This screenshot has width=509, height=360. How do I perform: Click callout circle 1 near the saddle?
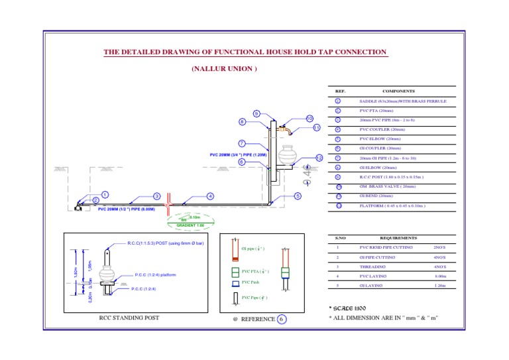105,195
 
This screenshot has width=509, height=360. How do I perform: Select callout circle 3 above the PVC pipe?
156,196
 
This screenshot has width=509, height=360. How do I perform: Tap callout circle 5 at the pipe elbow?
298,196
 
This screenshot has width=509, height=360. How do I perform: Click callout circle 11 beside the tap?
317,127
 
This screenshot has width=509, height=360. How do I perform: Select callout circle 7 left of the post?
242,143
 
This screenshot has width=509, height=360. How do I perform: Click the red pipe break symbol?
170,200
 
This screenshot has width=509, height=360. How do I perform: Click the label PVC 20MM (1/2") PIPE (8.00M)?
126,209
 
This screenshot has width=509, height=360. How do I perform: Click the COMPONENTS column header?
398,91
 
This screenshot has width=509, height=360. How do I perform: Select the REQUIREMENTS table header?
398,237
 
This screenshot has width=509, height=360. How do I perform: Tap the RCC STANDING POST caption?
129,318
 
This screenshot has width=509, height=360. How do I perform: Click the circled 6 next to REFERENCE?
282,319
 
